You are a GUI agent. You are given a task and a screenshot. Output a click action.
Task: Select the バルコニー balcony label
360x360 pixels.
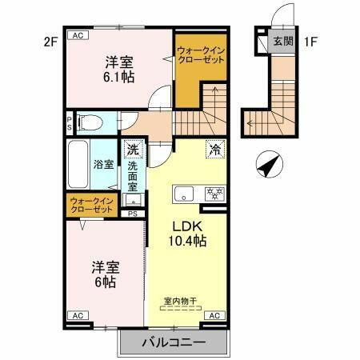point(174,342)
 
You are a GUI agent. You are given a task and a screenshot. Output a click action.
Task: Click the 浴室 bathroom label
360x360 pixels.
point(104,165)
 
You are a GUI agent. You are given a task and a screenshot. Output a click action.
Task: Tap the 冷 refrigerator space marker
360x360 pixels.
point(214,148)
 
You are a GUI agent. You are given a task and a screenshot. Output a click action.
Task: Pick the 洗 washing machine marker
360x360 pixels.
point(133,150)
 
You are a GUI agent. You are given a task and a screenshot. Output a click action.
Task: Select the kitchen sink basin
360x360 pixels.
point(185,194)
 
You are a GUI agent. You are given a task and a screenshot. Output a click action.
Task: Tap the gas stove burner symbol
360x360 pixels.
point(214,194)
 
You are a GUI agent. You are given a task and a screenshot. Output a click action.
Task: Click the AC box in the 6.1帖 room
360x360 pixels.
point(78,36)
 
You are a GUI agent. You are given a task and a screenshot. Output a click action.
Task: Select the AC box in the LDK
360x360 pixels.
point(214,317)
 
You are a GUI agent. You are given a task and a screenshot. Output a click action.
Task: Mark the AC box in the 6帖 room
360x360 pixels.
point(78,317)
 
